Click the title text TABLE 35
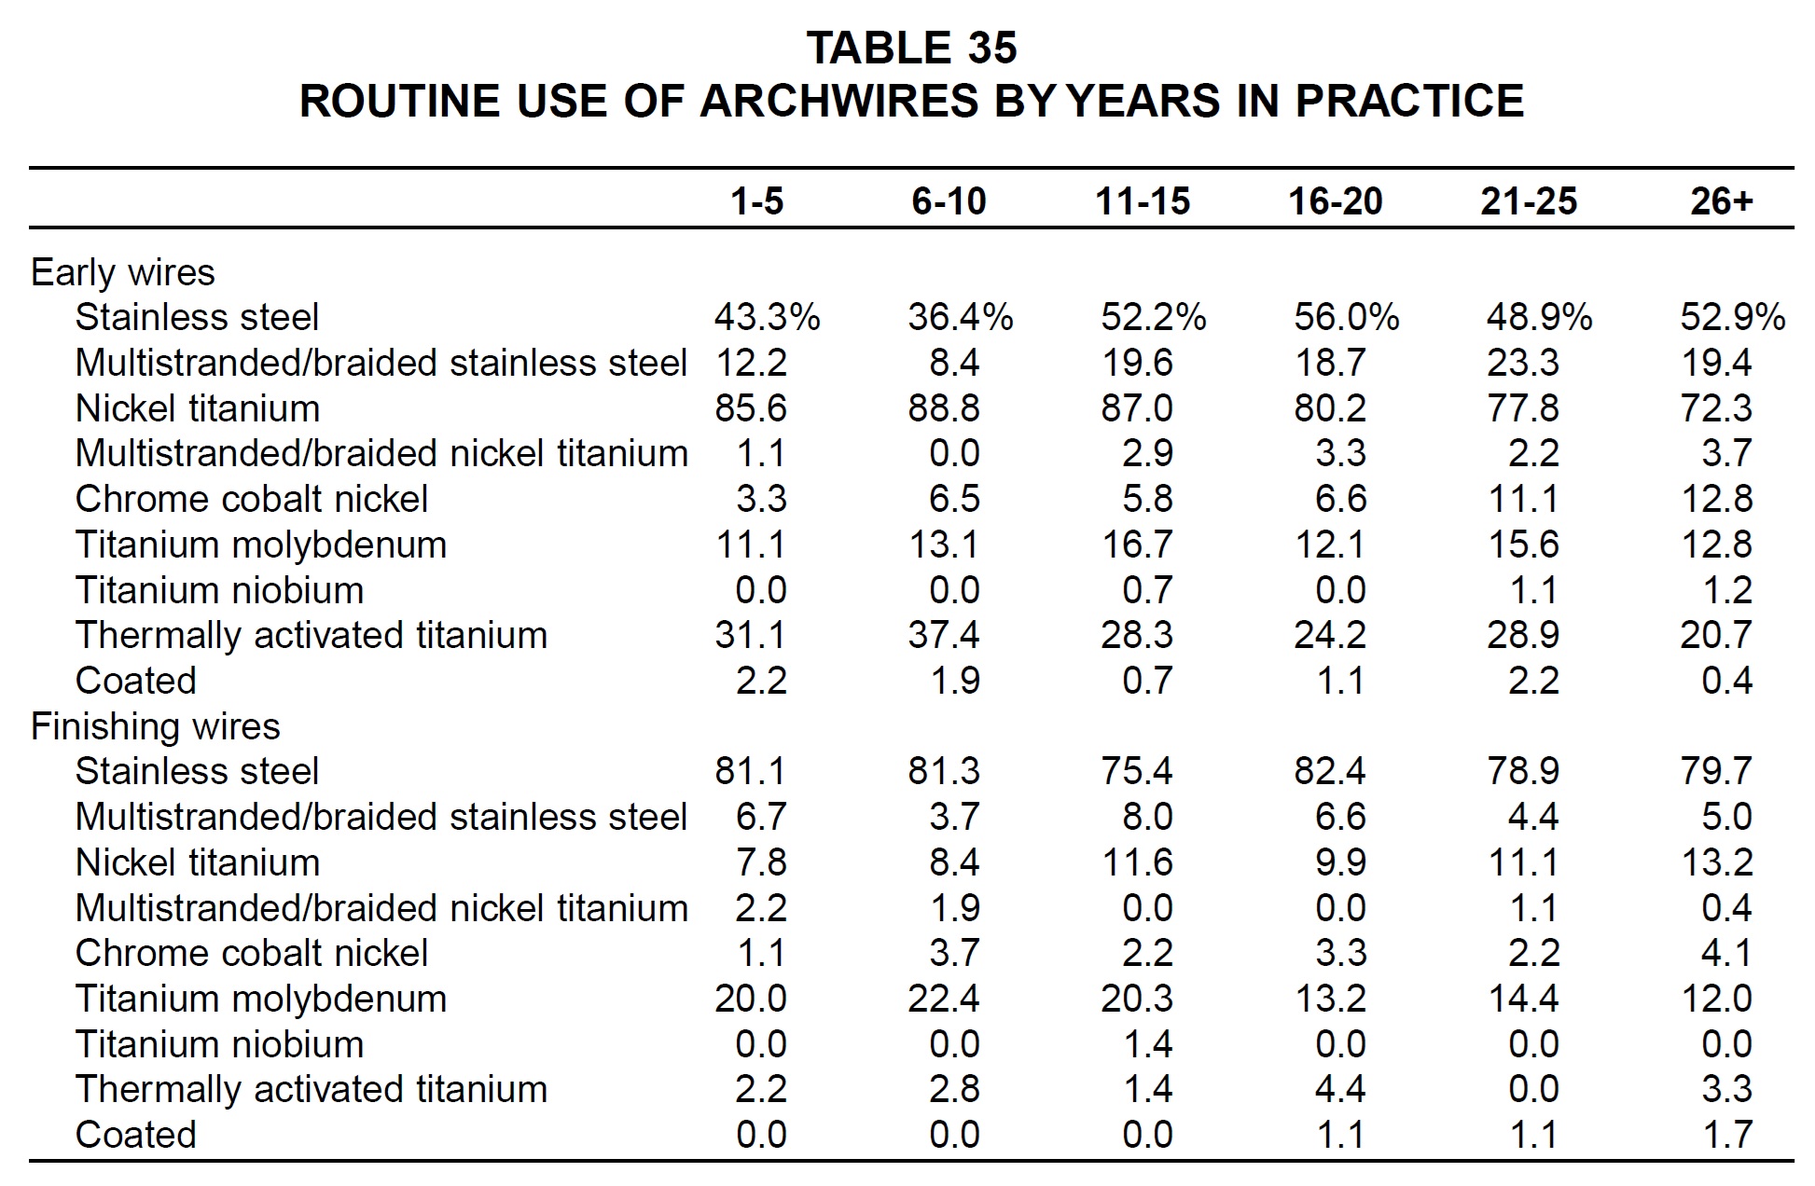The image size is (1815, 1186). click(911, 48)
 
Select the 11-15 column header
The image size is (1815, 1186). click(1143, 201)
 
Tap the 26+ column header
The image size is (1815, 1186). click(1722, 201)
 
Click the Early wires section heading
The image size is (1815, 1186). click(123, 272)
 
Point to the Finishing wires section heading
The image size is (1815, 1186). click(156, 726)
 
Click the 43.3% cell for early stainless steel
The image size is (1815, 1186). click(767, 317)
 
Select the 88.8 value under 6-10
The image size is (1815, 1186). click(944, 408)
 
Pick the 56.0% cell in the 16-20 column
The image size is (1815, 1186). click(1346, 317)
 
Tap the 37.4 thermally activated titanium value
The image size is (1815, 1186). click(944, 635)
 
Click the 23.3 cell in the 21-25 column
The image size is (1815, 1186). click(1522, 363)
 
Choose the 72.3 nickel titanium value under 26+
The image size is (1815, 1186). click(1716, 408)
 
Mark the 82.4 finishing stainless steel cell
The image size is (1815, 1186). click(1330, 771)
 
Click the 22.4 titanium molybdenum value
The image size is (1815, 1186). click(944, 999)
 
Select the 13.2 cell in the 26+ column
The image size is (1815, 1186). click(1716, 862)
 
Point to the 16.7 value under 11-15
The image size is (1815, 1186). click(1137, 545)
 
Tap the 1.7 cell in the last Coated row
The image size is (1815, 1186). click(1727, 1135)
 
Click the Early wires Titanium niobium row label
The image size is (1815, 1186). click(219, 590)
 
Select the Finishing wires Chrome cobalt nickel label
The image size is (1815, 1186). click(252, 953)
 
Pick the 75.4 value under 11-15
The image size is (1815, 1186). click(1137, 771)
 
